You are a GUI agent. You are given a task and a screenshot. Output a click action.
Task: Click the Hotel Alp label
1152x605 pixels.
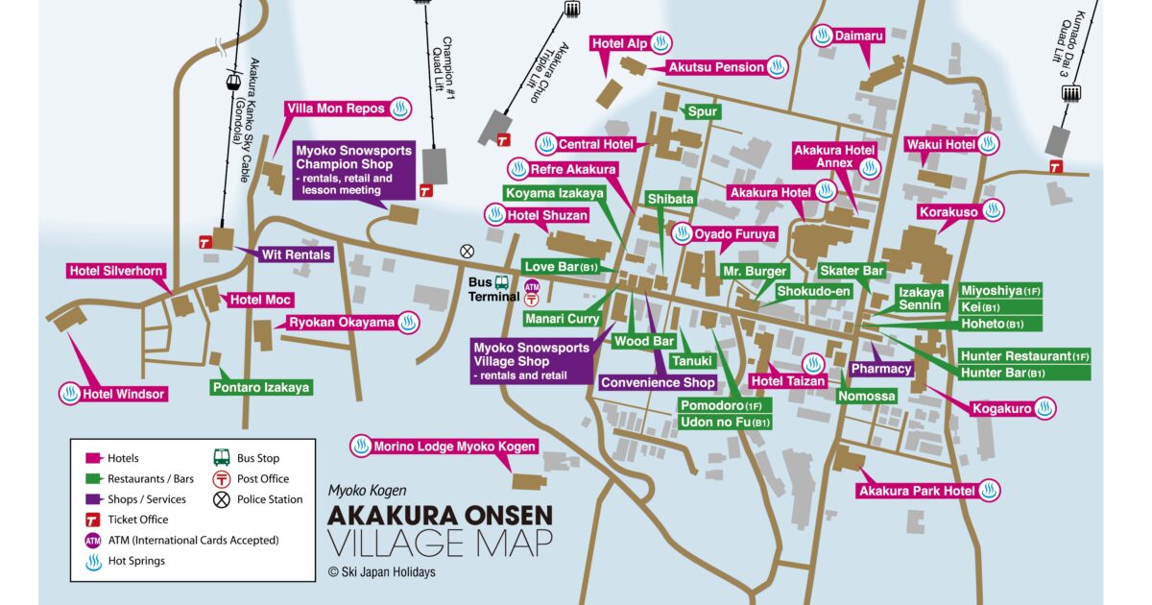tap(619, 43)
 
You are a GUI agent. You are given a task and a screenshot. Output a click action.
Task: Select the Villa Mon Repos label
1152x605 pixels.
tap(335, 109)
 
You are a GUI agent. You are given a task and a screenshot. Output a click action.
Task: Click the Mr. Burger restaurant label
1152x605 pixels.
tap(755, 271)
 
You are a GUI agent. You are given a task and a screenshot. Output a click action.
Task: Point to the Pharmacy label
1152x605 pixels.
tap(880, 369)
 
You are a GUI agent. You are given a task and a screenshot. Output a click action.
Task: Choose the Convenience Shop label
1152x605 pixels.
tap(658, 382)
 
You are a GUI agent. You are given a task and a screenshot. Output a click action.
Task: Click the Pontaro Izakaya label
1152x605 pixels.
tap(261, 388)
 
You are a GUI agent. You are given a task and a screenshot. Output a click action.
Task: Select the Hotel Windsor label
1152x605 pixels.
tap(124, 394)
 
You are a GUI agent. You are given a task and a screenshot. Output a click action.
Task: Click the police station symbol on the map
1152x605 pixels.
tap(468, 251)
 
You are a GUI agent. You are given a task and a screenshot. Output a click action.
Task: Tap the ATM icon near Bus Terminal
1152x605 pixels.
tap(532, 286)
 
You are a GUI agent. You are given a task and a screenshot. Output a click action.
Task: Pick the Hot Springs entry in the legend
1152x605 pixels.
tap(135, 561)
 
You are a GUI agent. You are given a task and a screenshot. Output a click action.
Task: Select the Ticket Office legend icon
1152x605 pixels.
tap(93, 520)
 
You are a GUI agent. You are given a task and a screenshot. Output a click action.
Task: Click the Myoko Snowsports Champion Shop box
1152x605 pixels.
tap(353, 170)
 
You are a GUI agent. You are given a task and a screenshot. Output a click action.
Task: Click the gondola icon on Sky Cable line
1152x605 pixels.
tap(231, 82)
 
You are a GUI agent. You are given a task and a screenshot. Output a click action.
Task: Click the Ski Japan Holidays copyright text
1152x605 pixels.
tap(381, 572)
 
